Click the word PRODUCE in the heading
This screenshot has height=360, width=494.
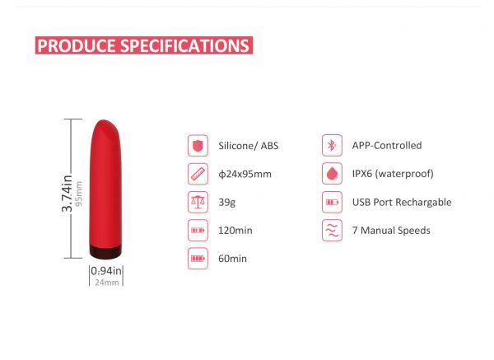tap(77, 45)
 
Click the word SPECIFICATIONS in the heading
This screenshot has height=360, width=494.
tap(185, 45)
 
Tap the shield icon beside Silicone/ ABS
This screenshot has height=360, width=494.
tap(198, 146)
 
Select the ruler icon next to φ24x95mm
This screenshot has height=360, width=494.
tap(198, 174)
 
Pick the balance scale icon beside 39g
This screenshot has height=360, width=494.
tap(198, 202)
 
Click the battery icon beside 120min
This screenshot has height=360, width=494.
tap(198, 231)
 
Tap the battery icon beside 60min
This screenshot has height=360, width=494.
tap(198, 259)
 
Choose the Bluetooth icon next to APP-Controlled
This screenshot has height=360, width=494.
tap(332, 145)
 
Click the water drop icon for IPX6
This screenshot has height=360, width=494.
tap(332, 173)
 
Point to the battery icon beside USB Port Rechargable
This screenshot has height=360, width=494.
tap(332, 202)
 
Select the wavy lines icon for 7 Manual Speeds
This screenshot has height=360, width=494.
tap(332, 231)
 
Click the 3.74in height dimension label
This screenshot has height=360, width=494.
tap(67, 194)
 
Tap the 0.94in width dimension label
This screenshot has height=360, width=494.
tap(106, 271)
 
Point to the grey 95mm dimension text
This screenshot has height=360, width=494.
tap(79, 194)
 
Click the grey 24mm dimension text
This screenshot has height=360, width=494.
tap(107, 283)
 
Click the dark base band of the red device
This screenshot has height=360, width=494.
tap(105, 250)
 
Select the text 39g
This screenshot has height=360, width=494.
tap(227, 203)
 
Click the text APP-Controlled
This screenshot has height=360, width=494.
tap(387, 145)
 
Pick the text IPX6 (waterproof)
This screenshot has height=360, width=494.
tap(393, 174)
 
